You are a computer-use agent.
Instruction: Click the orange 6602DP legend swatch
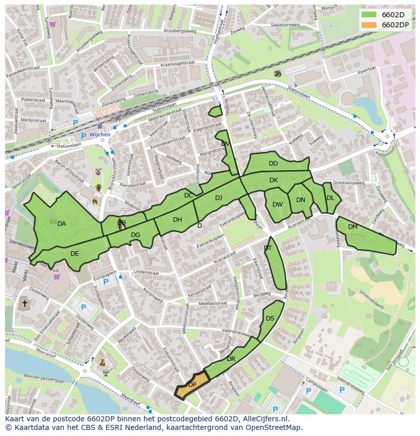pyautogui.click(x=369, y=24)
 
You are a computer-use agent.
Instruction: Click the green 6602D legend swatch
pyautogui.click(x=369, y=14)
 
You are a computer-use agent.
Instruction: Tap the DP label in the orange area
pyautogui.click(x=192, y=385)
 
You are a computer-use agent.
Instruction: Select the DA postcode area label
pyautogui.click(x=61, y=224)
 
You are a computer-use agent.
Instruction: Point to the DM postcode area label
pyautogui.click(x=353, y=227)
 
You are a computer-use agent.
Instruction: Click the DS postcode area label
pyautogui.click(x=270, y=319)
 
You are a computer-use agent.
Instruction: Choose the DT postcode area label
pyautogui.click(x=268, y=248)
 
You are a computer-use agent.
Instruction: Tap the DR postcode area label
pyautogui.click(x=231, y=359)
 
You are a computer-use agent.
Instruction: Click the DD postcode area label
pyautogui.click(x=273, y=164)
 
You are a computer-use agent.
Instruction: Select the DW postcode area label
pyautogui.click(x=277, y=205)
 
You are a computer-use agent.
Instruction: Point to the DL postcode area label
pyautogui.click(x=330, y=198)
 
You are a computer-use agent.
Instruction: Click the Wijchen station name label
pyautogui.click(x=99, y=135)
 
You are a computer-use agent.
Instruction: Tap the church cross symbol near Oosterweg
pyautogui.click(x=24, y=304)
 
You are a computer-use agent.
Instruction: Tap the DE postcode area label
pyautogui.click(x=75, y=254)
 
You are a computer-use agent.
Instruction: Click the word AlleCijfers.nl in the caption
pyautogui.click(x=264, y=419)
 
